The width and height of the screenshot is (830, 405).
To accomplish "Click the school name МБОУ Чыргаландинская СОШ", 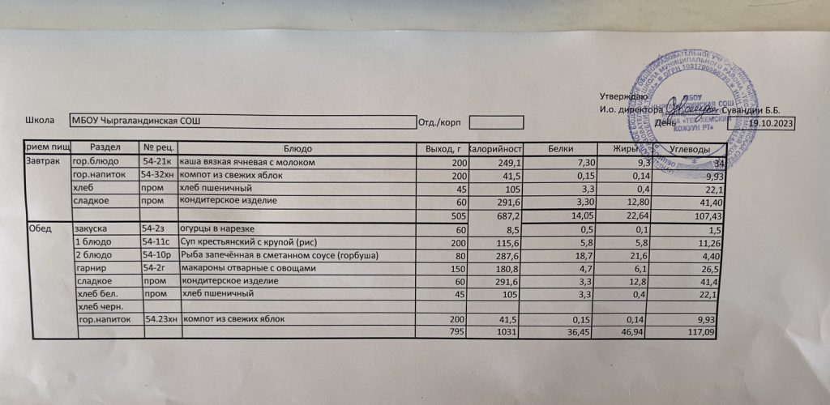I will click(135, 122).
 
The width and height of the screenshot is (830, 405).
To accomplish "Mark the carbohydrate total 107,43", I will click(704, 217).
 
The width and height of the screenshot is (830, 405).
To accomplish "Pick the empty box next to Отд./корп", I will click(496, 122).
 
